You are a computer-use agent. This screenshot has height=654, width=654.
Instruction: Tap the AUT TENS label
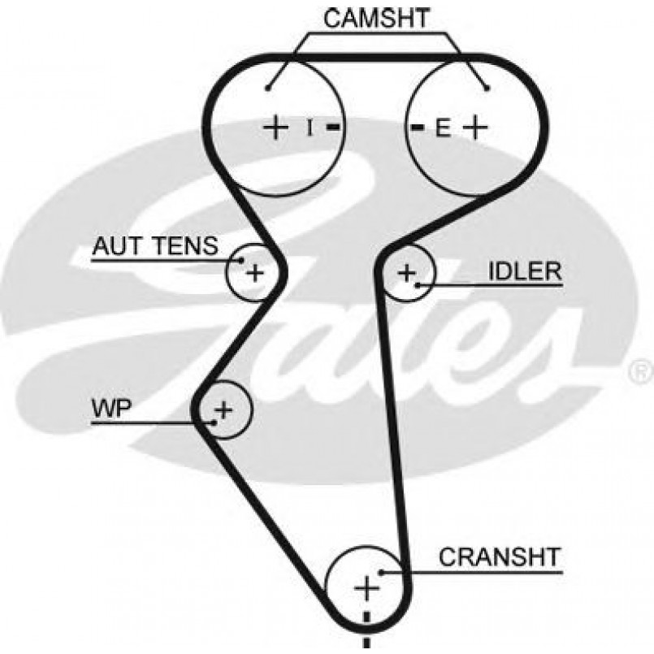click(155, 245)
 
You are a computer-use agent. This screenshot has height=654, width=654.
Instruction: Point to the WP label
click(111, 409)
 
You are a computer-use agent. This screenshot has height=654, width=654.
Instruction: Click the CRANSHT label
click(500, 557)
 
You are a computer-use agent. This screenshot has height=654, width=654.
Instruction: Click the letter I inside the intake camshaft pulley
click(309, 127)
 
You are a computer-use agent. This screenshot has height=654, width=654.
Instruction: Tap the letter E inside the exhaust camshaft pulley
click(441, 128)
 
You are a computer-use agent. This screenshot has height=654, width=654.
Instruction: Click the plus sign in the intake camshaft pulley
click(276, 127)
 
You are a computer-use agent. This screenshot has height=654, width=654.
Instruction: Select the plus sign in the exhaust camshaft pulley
click(474, 127)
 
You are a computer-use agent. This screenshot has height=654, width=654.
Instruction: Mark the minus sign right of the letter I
click(333, 128)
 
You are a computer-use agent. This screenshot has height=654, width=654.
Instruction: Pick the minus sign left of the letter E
click(417, 128)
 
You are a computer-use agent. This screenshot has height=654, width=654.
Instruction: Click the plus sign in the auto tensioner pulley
click(255, 272)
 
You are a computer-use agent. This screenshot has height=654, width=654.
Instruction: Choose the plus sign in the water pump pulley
click(224, 408)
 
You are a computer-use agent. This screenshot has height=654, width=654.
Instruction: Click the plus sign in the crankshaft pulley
click(367, 587)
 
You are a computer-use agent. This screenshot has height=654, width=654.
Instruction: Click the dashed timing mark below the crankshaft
click(367, 630)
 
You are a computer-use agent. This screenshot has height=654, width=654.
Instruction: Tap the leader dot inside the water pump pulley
click(213, 422)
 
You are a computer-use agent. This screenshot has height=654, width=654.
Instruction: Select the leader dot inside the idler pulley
click(417, 284)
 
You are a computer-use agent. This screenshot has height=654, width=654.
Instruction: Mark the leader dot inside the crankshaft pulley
click(380, 572)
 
